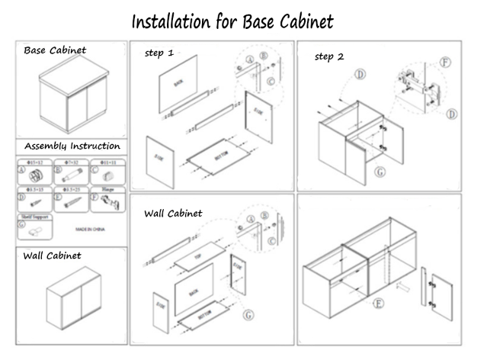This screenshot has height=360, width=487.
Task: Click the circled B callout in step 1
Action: (x=264, y=55)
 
